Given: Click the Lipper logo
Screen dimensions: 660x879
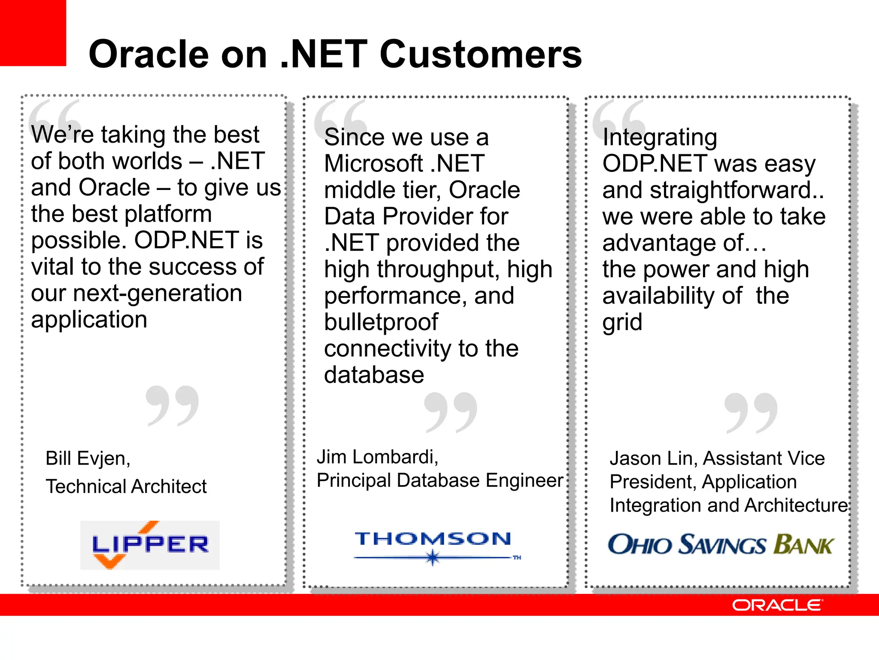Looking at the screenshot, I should point(150,545).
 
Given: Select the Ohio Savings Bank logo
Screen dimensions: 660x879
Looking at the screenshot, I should point(721,544).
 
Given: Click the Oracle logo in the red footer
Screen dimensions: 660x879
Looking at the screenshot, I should point(777,605).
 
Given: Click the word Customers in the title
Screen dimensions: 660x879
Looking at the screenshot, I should point(480,54).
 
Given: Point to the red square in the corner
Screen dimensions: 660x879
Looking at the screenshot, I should point(33,33).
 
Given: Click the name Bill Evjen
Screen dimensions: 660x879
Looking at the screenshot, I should point(88,458).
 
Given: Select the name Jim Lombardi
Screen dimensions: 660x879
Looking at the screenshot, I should point(377,457).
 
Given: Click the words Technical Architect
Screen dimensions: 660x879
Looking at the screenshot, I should point(126,486).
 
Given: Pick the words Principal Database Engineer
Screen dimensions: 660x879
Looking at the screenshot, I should point(439,480).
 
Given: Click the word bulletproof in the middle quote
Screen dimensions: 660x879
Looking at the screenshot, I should point(381,322).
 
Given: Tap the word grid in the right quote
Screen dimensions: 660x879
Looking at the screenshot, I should point(622,322).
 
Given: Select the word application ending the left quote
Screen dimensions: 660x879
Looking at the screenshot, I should point(89,320).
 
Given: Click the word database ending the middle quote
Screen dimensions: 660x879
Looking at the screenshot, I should point(374,375).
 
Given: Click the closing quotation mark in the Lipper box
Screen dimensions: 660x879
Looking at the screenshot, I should point(172,406).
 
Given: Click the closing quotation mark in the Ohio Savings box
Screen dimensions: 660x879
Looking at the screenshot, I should point(751,412).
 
